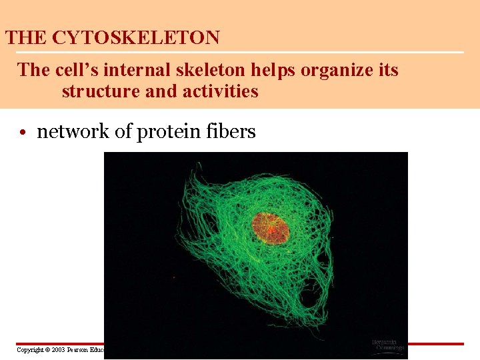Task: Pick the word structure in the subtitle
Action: pyautogui.click(x=101, y=91)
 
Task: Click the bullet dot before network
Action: pyautogui.click(x=23, y=133)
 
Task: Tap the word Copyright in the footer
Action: pyautogui.click(x=30, y=349)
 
